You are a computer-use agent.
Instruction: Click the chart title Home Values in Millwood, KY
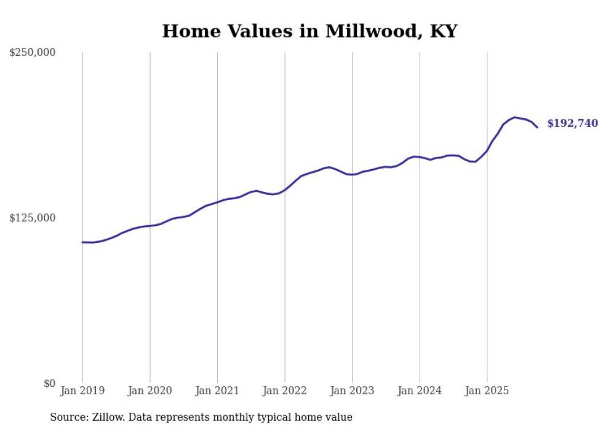[x=309, y=31]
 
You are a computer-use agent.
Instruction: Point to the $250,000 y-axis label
[x=33, y=53]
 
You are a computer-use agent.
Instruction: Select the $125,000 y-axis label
[x=33, y=218]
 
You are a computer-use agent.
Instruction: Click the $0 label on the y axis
[x=50, y=383]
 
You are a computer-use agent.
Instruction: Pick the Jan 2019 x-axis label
[x=82, y=391]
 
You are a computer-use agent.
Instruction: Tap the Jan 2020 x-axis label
[x=150, y=391]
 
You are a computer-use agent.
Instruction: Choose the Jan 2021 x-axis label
[x=217, y=391]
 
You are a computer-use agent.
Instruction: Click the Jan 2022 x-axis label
[x=285, y=391]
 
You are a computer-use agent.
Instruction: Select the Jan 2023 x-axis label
[x=352, y=391]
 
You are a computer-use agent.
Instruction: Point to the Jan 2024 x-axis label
[x=420, y=391]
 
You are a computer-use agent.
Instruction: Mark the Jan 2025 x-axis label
[x=487, y=391]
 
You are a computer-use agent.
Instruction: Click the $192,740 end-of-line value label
[x=572, y=124]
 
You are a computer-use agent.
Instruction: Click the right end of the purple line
[x=537, y=127]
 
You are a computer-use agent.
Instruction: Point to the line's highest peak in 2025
[x=514, y=117]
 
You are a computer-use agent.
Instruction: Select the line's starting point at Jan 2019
[x=82, y=242]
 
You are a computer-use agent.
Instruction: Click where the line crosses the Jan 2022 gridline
[x=285, y=189]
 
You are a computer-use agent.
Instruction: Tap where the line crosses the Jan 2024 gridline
[x=420, y=157]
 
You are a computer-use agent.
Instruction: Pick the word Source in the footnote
[x=67, y=417]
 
